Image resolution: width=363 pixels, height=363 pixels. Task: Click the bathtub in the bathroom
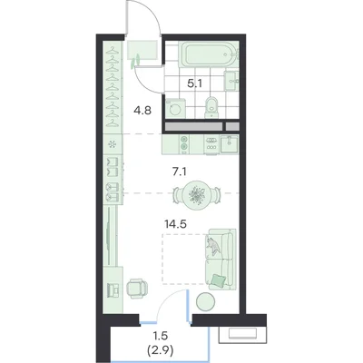tap(209, 54)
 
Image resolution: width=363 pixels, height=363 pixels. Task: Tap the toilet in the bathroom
tap(211, 107)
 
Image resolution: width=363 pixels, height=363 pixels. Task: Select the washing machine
tap(175, 108)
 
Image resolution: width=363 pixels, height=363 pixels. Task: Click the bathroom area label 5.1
tap(195, 83)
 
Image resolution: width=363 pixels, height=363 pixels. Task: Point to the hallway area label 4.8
tap(142, 111)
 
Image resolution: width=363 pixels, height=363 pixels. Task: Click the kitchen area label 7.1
tap(180, 172)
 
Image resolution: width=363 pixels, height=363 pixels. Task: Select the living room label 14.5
tap(175, 224)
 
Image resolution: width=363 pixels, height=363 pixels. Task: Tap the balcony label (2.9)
tap(160, 351)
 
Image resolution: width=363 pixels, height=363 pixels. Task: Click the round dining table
tap(197, 195)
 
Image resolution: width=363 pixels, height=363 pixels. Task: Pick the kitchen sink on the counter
tap(229, 144)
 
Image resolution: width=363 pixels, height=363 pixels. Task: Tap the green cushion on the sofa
tap(219, 280)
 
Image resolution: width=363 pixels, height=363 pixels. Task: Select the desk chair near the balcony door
tap(136, 289)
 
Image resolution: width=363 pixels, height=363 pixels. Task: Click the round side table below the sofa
tap(206, 301)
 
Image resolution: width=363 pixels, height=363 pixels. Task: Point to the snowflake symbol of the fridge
tap(113, 144)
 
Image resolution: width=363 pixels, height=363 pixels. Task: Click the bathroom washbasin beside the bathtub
tap(231, 81)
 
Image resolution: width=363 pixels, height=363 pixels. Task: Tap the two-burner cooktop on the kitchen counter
tap(183, 143)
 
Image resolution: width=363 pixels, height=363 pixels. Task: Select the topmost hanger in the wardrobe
tap(113, 49)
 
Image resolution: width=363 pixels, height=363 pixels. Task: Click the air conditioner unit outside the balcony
tap(242, 335)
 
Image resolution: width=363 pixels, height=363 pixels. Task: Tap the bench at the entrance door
tap(142, 50)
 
